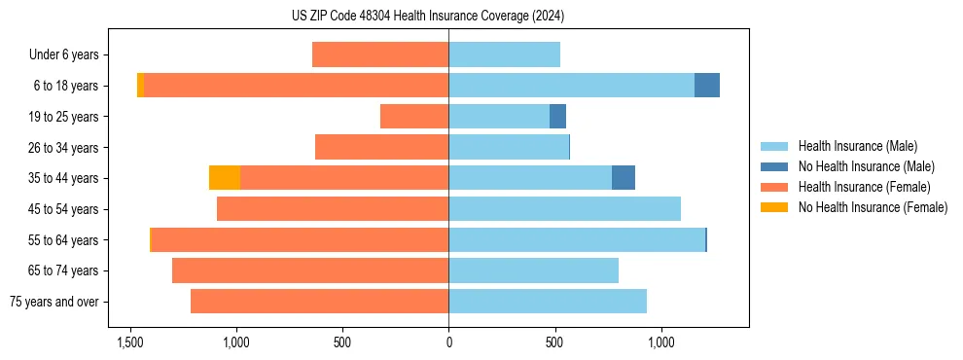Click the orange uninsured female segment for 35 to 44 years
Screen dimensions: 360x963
tap(225, 178)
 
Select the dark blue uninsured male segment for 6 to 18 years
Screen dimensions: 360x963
tap(707, 86)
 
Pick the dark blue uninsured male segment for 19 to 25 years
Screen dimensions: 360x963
tap(557, 117)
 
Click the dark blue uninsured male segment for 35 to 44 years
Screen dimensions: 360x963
tap(624, 178)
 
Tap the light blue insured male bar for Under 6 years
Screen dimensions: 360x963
tap(504, 55)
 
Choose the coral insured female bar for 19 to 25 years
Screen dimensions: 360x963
tap(414, 117)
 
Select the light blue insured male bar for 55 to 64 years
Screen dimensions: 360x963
tap(577, 239)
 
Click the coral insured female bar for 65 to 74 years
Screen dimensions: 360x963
tap(310, 270)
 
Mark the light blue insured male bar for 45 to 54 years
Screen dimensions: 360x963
tap(564, 209)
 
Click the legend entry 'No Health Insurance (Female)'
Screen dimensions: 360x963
tap(872, 207)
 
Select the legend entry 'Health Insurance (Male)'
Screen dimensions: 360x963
tap(857, 146)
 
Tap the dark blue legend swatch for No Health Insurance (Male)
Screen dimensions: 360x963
tap(774, 166)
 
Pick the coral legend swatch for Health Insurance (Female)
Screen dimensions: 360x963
tap(774, 187)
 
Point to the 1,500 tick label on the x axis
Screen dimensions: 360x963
tap(130, 343)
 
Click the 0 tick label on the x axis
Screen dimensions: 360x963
tap(448, 343)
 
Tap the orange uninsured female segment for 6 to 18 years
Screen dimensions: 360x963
tap(140, 86)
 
